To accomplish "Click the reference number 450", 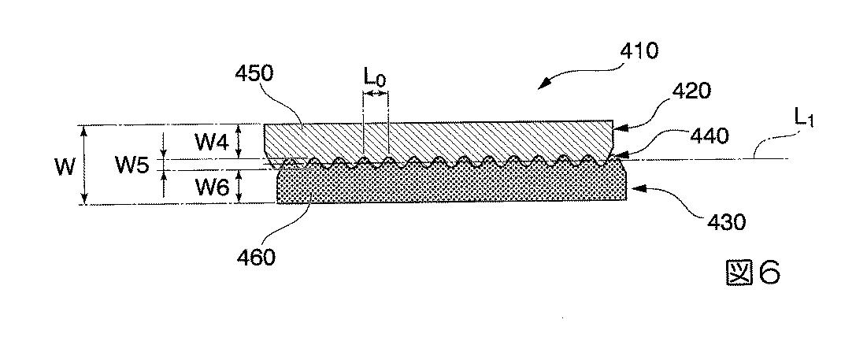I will point(254,73).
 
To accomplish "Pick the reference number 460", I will point(254,257).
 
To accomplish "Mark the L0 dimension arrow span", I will point(376,95).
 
